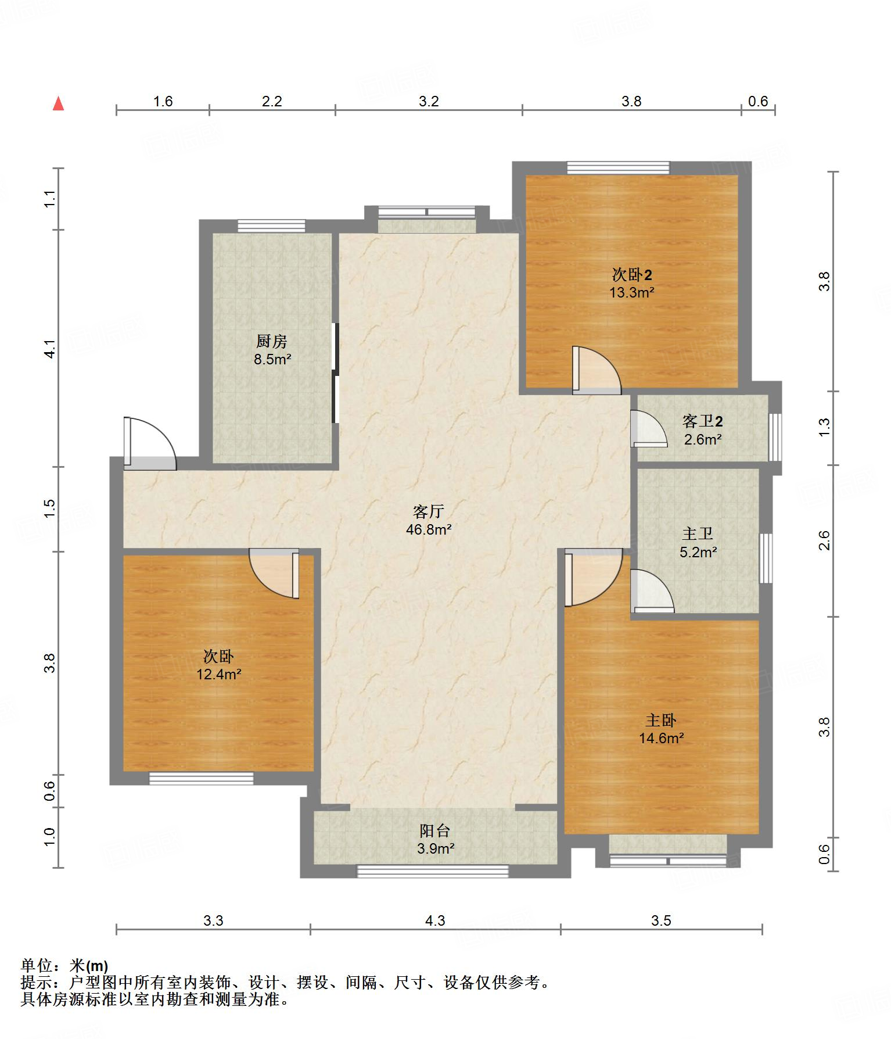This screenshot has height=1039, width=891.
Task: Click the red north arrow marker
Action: [x=58, y=104]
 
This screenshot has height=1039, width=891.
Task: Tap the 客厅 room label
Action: [x=429, y=511]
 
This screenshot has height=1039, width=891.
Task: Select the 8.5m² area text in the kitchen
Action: [x=272, y=360]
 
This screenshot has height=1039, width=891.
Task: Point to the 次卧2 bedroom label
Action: [x=632, y=274]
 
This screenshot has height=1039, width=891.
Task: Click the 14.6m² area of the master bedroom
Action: [x=661, y=739]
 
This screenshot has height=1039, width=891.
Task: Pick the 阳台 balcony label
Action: [x=435, y=831]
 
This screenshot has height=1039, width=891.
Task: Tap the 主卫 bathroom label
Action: [x=698, y=533]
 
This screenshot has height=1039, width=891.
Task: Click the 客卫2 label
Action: [x=703, y=421]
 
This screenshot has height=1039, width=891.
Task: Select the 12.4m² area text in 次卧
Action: [x=219, y=675]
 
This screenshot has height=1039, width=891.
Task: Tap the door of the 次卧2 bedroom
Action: [x=597, y=370]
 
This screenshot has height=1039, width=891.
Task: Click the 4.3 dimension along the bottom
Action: [x=435, y=920]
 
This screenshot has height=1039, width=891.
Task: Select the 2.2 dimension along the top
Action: [x=272, y=102]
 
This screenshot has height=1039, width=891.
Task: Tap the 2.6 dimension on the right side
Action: [x=824, y=540]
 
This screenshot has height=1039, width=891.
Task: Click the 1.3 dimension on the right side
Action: [x=824, y=428]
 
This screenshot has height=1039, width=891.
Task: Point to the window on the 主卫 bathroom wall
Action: [x=767, y=558]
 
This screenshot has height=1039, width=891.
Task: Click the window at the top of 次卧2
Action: [x=618, y=168]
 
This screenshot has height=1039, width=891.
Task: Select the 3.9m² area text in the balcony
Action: [x=435, y=849]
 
